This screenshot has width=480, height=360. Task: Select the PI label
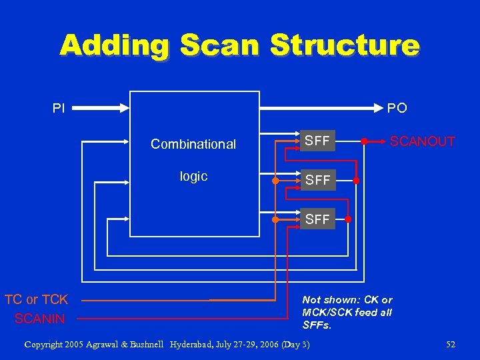pos(59,107)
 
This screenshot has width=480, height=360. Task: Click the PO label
pos(397,107)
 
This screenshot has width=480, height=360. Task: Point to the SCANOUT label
pos(422,141)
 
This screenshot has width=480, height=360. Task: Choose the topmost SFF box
pos(317,141)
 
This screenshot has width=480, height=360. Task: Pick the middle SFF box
pos(317,180)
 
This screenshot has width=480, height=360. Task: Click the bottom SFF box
pos(317,219)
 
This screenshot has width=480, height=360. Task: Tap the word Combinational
pos(193,144)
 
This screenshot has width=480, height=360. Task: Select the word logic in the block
pos(193,176)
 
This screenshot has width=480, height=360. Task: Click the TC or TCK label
pos(37,300)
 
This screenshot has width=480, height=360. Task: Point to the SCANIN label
pos(40,319)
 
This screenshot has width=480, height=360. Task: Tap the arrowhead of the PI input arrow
pos(125,107)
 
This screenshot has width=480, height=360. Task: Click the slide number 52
pos(451,344)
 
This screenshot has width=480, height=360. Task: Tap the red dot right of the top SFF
pos(364,141)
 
